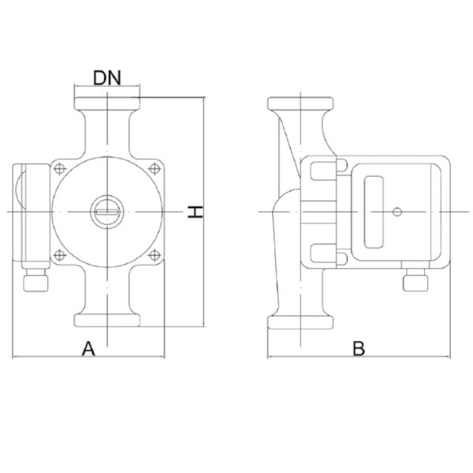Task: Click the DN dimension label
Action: coord(107,78)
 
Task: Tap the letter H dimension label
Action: coord(195,212)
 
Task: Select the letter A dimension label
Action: coord(88,348)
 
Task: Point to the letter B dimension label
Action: coord(359,348)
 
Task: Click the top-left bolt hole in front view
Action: coord(60,169)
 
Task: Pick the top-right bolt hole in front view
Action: coord(155,169)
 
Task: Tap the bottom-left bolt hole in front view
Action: coord(60,255)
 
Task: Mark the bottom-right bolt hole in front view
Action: coord(155,255)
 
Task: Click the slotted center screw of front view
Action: coord(107,212)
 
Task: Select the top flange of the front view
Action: coord(107,104)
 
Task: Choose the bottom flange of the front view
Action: coord(107,320)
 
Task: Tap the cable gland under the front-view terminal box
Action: coord(35,280)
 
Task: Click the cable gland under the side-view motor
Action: coord(415,280)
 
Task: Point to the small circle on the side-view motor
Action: coord(397,212)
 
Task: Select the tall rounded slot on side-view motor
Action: coord(374,212)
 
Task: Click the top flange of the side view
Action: coord(300,103)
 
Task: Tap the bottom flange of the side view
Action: coord(300,322)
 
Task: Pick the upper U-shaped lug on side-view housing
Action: coord(323,171)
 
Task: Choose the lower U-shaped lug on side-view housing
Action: coord(323,253)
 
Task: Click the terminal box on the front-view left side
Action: coord(32,216)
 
